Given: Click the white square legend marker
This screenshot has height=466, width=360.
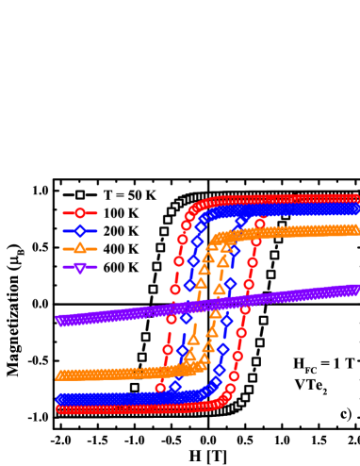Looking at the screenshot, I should (x=80, y=195).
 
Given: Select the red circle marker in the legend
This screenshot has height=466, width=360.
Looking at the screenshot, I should (x=80, y=213).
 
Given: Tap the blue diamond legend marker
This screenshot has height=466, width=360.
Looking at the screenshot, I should (x=80, y=231).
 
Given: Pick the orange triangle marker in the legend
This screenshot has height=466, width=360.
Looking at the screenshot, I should (x=80, y=248).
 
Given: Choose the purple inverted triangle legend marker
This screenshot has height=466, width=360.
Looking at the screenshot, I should (x=80, y=267).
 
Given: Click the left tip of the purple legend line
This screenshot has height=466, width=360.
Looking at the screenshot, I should (x=63, y=267).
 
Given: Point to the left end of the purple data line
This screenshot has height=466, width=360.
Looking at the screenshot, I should (x=59, y=321).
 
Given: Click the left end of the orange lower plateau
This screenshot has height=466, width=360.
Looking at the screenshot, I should (x=59, y=375).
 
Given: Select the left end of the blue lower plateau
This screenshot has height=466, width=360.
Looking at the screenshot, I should (x=59, y=399).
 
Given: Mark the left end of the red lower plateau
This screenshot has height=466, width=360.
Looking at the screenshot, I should (x=59, y=409).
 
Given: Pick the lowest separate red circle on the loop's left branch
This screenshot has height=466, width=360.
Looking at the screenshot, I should (x=160, y=386).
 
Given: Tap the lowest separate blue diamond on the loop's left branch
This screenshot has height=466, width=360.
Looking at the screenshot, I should (x=175, y=386).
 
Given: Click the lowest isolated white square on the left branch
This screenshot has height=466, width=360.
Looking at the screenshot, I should (x=134, y=387).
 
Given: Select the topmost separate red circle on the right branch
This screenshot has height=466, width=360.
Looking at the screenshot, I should (x=260, y=224).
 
